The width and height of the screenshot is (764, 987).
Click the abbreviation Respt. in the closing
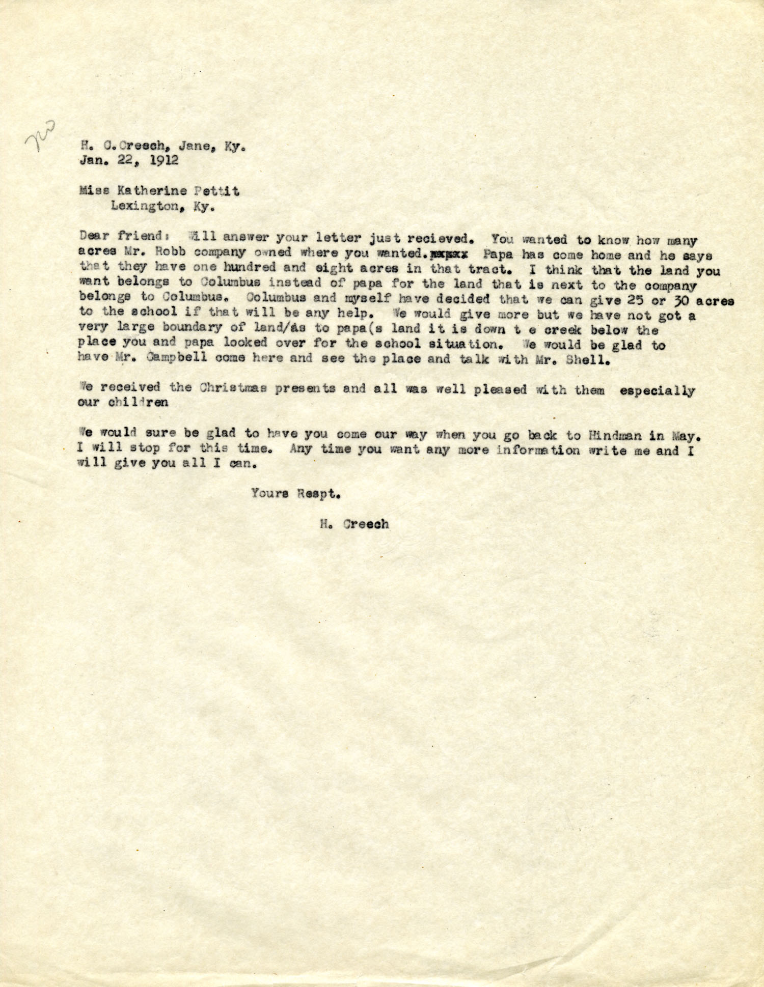click(x=318, y=493)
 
